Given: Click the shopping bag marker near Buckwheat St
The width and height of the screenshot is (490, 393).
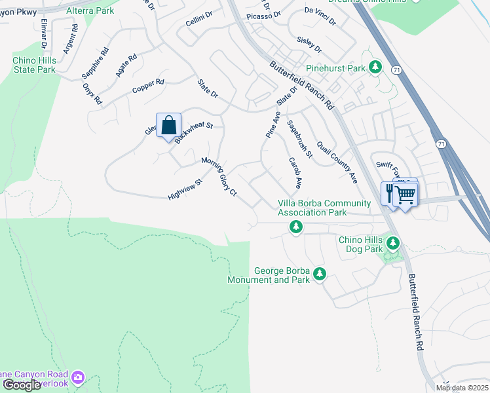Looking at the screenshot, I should pos(168,125).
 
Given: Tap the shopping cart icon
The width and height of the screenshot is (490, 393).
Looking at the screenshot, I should pos(405,195).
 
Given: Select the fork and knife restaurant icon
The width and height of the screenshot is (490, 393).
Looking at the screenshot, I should pos(389,193).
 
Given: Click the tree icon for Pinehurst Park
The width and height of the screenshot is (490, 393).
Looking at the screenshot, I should pos(375,67).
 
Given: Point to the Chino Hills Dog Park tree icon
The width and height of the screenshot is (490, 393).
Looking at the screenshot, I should pos(392,244).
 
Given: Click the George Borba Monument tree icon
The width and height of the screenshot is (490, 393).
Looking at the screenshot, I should pos(319,274).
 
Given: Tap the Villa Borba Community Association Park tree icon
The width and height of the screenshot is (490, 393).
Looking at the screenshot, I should pos(296,227).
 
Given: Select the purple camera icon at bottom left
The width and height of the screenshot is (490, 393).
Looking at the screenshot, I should pos(79,377).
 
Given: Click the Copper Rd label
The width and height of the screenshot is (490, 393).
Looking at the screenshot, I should pos(148,86).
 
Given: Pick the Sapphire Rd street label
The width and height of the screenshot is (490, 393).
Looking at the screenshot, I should pos(96,63).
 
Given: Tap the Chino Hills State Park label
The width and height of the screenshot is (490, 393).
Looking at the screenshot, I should pos(34,65).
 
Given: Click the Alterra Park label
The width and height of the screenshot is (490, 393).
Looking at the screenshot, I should pos(90,10).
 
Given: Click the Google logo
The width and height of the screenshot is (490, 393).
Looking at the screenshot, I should pos(22,385).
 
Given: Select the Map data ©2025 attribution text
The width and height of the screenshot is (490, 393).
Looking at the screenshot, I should pos(462,388).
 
